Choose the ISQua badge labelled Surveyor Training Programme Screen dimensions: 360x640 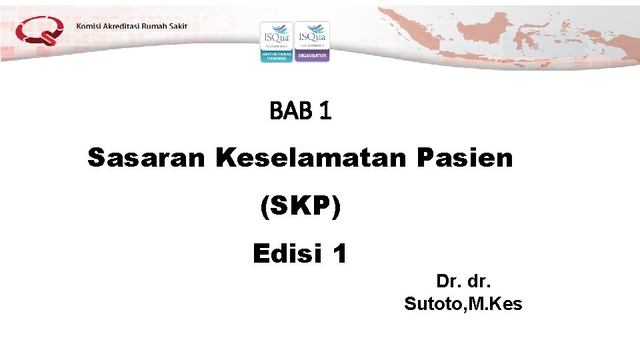point(276,41)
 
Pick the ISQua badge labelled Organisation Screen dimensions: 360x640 point(312,41)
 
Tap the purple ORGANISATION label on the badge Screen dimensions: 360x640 point(312,56)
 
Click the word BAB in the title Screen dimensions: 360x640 point(291,112)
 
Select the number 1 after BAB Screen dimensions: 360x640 point(325,112)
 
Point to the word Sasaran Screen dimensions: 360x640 point(147,159)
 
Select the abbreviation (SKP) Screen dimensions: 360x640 point(300,207)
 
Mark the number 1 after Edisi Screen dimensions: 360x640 point(339,254)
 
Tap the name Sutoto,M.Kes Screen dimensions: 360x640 point(463,305)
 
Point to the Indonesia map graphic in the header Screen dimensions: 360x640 point(507,33)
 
